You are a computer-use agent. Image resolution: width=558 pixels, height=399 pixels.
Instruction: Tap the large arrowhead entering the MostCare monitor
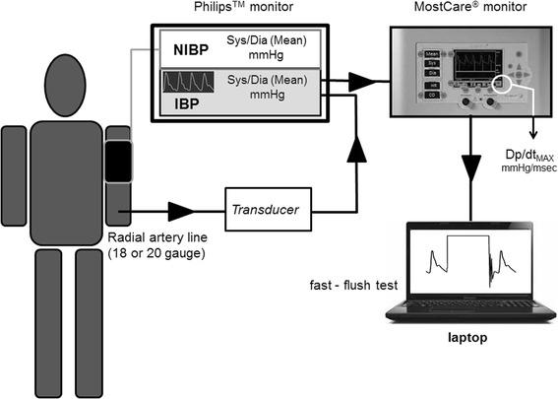point(370,78)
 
